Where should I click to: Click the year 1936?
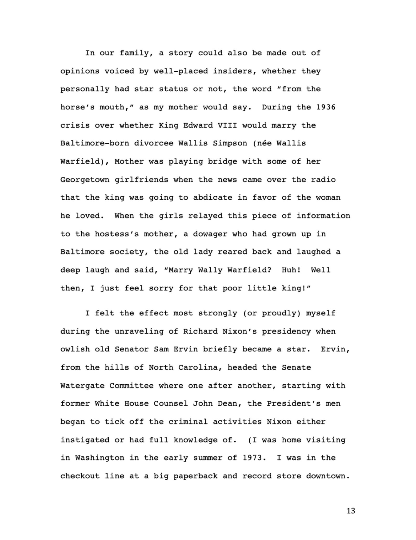point(326,107)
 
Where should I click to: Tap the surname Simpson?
point(230,143)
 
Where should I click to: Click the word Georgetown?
point(85,180)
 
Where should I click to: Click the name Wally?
point(210,270)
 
